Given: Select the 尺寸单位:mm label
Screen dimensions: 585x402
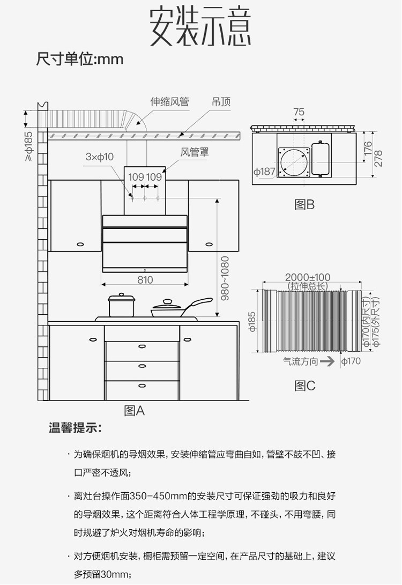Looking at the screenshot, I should pyautogui.click(x=80, y=58).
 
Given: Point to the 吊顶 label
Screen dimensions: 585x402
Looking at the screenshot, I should pyautogui.click(x=221, y=102).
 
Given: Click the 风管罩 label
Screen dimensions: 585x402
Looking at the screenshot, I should pyautogui.click(x=194, y=153).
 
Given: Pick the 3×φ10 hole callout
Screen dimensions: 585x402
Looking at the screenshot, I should pyautogui.click(x=100, y=157).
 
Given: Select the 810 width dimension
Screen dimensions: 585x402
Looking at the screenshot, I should pyautogui.click(x=145, y=279).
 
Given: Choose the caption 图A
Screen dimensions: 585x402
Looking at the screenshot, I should pyautogui.click(x=135, y=411).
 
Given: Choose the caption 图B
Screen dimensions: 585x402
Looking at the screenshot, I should pyautogui.click(x=304, y=204).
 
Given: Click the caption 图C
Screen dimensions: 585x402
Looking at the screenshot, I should pyautogui.click(x=305, y=386).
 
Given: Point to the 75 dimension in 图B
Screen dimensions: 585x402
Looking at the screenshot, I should pyautogui.click(x=299, y=112).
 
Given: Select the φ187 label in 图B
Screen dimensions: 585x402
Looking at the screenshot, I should pyautogui.click(x=264, y=172).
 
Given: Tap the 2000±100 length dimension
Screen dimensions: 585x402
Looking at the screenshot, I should pyautogui.click(x=308, y=277).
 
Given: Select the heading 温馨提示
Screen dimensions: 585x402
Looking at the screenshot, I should pyautogui.click(x=75, y=429).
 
